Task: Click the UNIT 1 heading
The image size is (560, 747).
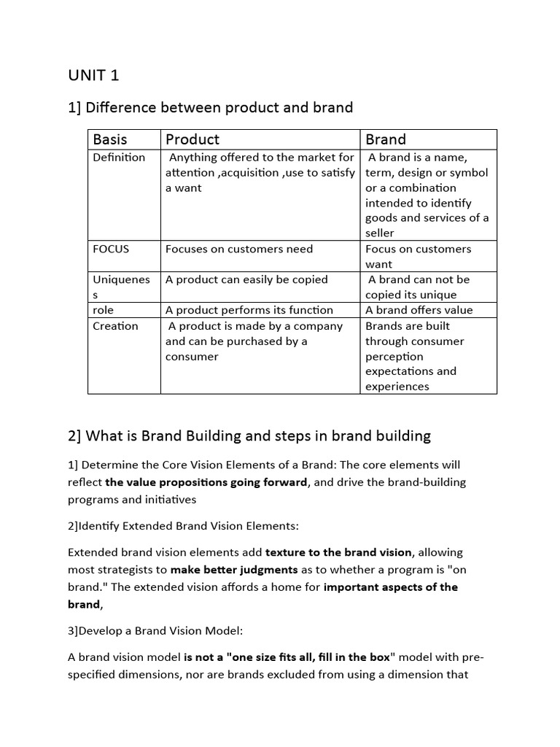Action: (x=93, y=75)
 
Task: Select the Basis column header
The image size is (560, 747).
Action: (x=109, y=139)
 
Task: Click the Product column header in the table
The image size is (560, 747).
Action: (x=192, y=139)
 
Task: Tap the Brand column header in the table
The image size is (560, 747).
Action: (x=386, y=139)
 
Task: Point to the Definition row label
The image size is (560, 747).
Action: (x=119, y=158)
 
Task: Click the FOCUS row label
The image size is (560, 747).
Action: (x=111, y=249)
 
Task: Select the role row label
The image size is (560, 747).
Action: (x=104, y=310)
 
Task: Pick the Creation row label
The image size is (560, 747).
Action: (x=115, y=326)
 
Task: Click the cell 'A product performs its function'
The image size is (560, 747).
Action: (x=249, y=310)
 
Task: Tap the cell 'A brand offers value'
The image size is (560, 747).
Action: (x=419, y=310)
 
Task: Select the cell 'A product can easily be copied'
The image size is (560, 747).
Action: (x=246, y=279)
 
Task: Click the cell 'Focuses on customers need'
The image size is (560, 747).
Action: (x=239, y=249)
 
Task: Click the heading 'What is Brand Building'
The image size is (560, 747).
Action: (x=249, y=436)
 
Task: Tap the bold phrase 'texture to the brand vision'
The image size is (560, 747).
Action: (x=339, y=552)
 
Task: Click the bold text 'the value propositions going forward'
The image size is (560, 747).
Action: (x=206, y=482)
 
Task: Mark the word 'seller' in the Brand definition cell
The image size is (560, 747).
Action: (x=380, y=233)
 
